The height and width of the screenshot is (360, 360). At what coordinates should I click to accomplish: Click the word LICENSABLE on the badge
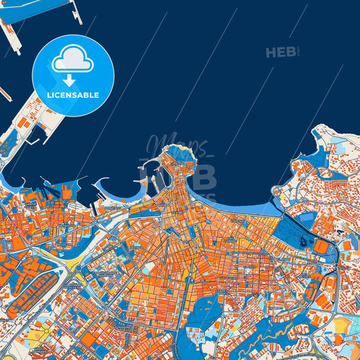[x=73, y=95]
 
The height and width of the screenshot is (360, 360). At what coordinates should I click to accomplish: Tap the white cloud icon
[x=73, y=60]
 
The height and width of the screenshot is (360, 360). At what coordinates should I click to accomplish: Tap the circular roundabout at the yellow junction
[x=76, y=269]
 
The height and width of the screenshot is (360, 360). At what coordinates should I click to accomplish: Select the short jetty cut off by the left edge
[x=5, y=93]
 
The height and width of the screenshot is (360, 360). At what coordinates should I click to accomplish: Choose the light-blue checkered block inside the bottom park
[x=197, y=335]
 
